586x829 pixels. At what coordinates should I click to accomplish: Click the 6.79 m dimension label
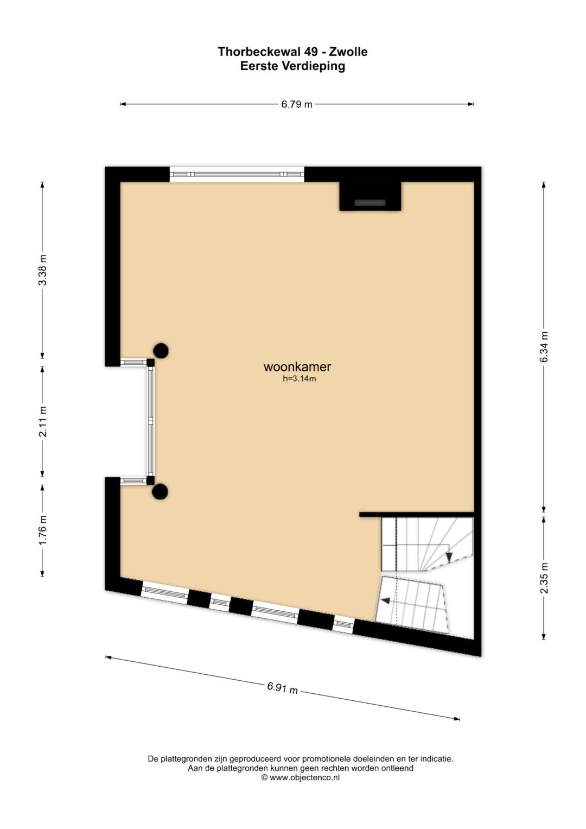click(297, 104)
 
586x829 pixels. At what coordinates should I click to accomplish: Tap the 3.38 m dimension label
click(43, 270)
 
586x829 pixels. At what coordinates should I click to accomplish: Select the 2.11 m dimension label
click(43, 421)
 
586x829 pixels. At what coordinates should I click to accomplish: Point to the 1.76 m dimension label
click(43, 530)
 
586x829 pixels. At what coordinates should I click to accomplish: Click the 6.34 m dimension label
click(544, 347)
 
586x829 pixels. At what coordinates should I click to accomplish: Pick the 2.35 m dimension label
click(544, 578)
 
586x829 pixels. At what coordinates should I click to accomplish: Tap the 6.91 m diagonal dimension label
click(282, 688)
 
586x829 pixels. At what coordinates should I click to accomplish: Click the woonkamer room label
click(297, 367)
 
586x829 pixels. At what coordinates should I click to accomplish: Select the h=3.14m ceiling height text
click(300, 378)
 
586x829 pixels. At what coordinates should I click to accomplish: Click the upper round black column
click(161, 351)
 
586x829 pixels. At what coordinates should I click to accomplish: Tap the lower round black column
click(160, 492)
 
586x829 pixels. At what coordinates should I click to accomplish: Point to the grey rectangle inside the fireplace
click(370, 203)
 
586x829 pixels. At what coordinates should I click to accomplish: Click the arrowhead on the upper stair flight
click(449, 557)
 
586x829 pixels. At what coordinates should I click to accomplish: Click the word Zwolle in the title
click(348, 52)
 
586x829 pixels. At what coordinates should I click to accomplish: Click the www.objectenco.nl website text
click(304, 777)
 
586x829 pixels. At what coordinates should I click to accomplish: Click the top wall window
click(237, 174)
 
